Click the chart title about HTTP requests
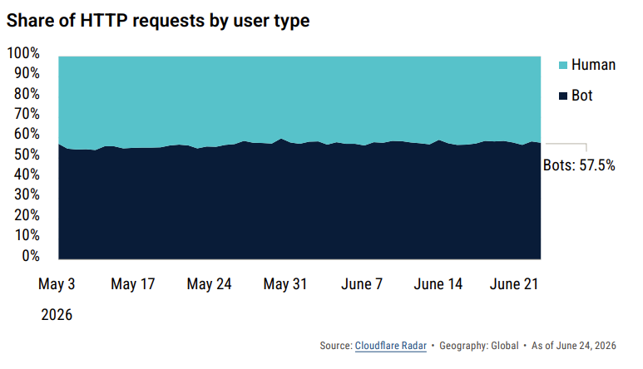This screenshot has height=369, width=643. click(158, 21)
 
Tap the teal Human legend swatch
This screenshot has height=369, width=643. click(563, 65)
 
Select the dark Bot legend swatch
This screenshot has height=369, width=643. click(563, 96)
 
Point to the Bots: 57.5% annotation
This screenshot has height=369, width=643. click(579, 165)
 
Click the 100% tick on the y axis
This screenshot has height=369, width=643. click(23, 53)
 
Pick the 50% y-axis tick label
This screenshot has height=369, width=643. click(27, 155)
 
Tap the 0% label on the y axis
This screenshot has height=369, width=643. click(31, 255)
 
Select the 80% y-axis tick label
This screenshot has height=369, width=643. click(27, 94)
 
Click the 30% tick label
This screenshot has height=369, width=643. click(27, 194)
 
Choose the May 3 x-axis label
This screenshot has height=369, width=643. click(57, 284)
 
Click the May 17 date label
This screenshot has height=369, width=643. click(133, 284)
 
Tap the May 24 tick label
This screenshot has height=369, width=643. click(209, 284)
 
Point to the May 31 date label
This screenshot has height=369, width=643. click(285, 284)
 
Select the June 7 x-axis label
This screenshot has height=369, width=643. click(362, 284)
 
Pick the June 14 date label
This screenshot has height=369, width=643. click(438, 284)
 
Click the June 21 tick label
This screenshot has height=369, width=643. click(514, 284)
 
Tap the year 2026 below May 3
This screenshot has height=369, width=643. click(57, 314)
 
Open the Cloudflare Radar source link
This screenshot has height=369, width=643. click(391, 346)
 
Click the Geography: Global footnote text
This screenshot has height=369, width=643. click(479, 346)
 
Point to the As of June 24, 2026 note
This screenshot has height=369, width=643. click(574, 346)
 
